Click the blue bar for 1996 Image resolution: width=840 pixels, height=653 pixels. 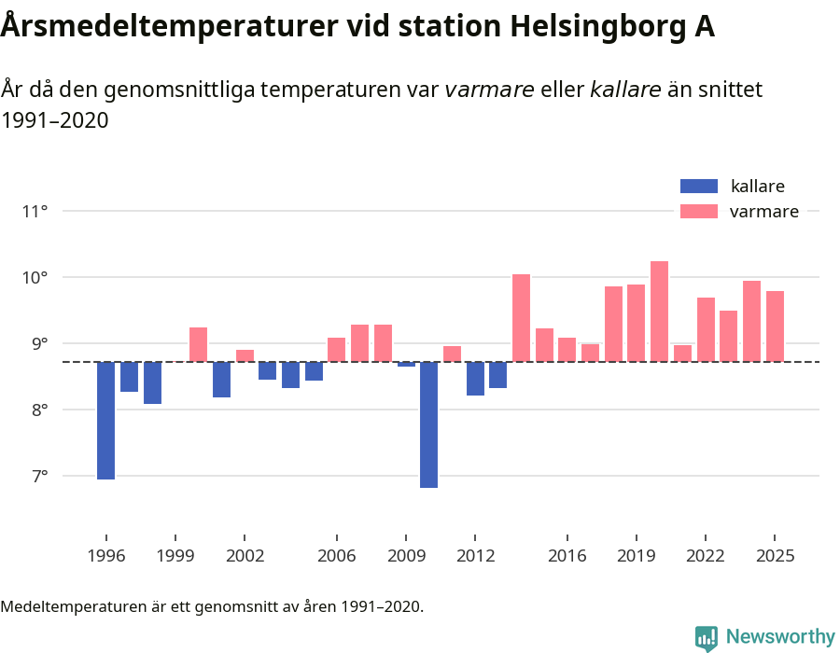click(105, 421)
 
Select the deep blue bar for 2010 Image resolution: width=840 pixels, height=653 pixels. click(428, 424)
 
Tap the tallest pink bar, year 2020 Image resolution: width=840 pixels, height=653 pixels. click(659, 312)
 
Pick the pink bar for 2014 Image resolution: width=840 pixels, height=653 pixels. click(521, 318)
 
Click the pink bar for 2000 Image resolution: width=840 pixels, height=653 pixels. click(198, 344)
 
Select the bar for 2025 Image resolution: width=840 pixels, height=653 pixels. click(775, 326)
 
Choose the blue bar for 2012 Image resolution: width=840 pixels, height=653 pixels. click(475, 379)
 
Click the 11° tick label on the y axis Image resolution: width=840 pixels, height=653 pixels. click(35, 211)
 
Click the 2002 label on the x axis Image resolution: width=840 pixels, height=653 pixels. click(244, 555)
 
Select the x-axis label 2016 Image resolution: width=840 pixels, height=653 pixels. click(567, 555)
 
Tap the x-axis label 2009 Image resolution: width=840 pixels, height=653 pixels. click(406, 555)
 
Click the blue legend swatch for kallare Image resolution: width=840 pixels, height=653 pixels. click(699, 186)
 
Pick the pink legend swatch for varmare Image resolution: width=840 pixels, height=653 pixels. click(699, 212)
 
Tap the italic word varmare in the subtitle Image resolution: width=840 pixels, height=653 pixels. click(489, 90)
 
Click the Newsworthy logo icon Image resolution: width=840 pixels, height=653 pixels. click(707, 637)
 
